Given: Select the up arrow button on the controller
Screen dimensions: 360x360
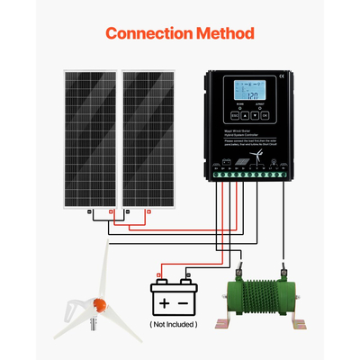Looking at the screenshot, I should click(x=245, y=115).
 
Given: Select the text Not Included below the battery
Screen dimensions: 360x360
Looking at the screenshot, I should click(x=174, y=323).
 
